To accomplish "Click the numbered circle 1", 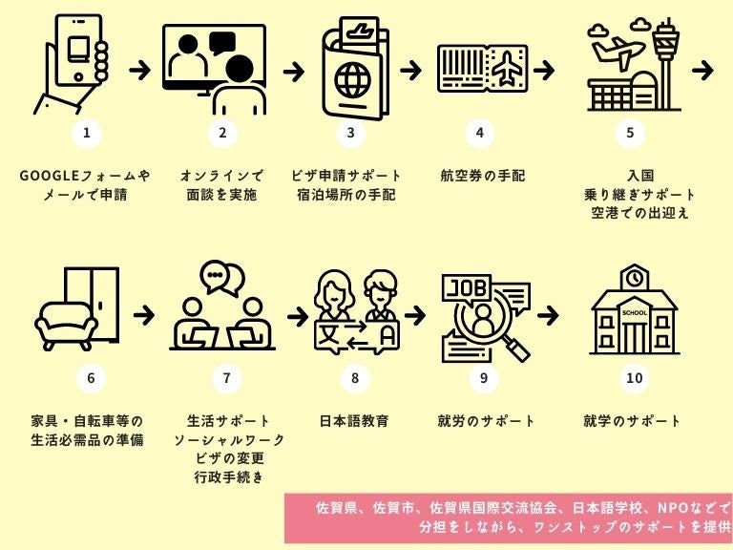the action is pyautogui.click(x=86, y=133).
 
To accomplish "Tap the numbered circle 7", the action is pyautogui.click(x=226, y=377).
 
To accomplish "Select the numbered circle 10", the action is pyautogui.click(x=635, y=377).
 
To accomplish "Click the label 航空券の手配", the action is pyautogui.click(x=483, y=177).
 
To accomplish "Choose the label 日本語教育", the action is pyautogui.click(x=354, y=421).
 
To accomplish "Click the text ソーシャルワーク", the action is pyautogui.click(x=229, y=439).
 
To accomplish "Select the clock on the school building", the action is pyautogui.click(x=634, y=278).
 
